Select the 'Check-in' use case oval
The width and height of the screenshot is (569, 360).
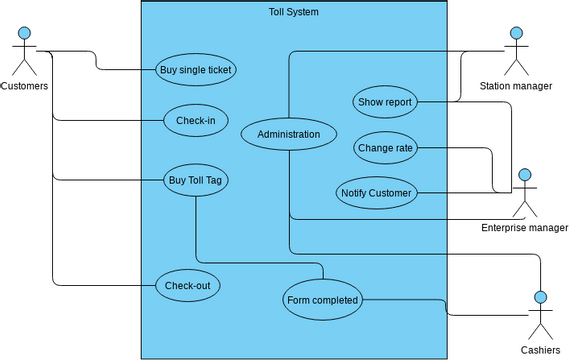click(x=195, y=121)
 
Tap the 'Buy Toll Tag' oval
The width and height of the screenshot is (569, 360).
click(x=195, y=180)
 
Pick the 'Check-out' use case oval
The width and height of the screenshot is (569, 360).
click(x=187, y=286)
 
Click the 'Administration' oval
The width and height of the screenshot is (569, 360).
click(x=289, y=134)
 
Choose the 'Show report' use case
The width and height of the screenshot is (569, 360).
click(x=385, y=101)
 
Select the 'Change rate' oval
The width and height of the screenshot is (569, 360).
click(x=385, y=149)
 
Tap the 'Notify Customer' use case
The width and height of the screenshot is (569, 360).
click(x=375, y=192)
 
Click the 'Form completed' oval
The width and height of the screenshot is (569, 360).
click(x=321, y=300)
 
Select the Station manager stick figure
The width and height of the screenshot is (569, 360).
click(x=516, y=52)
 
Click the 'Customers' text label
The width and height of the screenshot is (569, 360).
click(x=24, y=86)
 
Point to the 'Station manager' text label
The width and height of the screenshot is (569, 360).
click(x=516, y=86)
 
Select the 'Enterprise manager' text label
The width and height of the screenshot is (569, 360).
click(x=524, y=228)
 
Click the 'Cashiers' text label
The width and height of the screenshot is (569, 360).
click(x=541, y=350)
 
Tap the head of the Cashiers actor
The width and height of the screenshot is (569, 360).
click(x=541, y=298)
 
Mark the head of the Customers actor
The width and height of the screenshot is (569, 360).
click(x=23, y=34)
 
